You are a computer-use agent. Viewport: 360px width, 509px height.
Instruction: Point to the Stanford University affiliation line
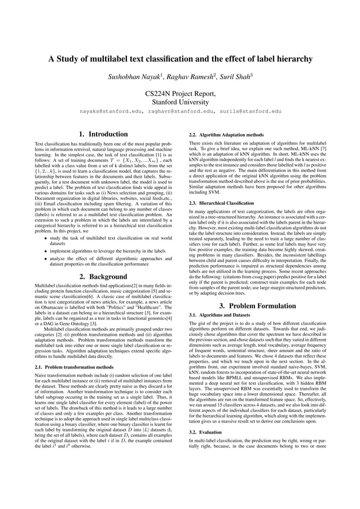179,102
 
